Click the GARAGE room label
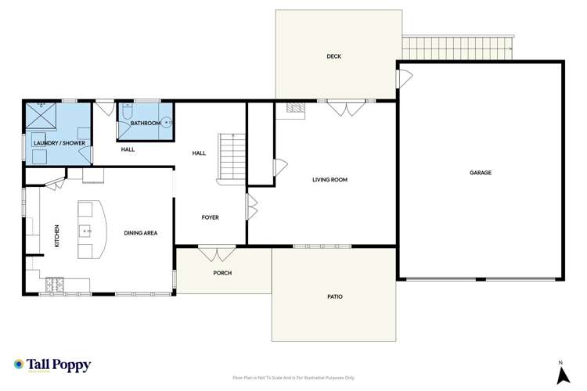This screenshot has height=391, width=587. click(x=481, y=172)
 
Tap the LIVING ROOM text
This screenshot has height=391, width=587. click(x=330, y=180)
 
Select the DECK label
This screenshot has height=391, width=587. click(x=334, y=56)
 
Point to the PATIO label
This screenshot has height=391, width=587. click(x=335, y=296)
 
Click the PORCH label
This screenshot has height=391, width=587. click(x=222, y=272)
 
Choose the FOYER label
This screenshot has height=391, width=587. click(x=210, y=217)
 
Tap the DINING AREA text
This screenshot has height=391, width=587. click(x=141, y=233)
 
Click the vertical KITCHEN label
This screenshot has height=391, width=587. click(x=56, y=236)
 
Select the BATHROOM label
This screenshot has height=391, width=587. click(x=146, y=124)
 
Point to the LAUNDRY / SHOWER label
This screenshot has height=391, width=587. click(x=59, y=143)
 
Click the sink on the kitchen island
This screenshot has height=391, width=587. click(x=86, y=231)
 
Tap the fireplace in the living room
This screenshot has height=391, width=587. click(x=294, y=109)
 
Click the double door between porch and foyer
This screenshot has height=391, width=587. click(x=217, y=253)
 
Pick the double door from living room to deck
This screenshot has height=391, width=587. click(x=345, y=107)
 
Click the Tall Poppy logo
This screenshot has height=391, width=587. click(x=52, y=365)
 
